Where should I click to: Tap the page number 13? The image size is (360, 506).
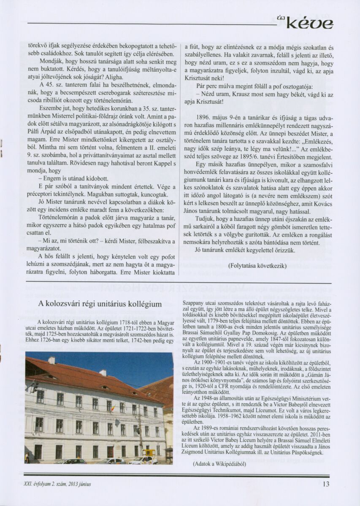(326, 484)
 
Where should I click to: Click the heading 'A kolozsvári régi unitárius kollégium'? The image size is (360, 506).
(100, 304)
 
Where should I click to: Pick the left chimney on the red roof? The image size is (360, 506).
(51, 360)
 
